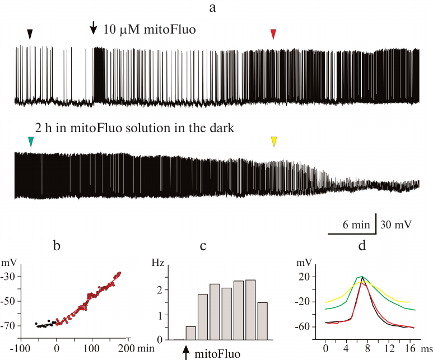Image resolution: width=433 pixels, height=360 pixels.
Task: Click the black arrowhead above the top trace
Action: pos(30,35)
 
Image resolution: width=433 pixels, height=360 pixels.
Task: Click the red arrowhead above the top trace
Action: pos(273,35)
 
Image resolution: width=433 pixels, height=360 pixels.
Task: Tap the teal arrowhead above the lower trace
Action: pos(31,143)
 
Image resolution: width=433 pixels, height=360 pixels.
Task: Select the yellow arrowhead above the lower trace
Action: pos(273,143)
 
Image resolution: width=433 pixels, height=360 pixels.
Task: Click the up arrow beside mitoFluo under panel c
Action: pos(185,353)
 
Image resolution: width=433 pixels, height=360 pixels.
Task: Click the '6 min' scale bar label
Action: pos(356,225)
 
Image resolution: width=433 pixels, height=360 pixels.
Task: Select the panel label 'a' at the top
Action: pos(212,7)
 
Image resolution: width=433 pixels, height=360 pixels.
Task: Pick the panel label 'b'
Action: pos(57,245)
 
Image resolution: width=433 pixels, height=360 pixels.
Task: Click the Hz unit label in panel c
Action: pos(159,261)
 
